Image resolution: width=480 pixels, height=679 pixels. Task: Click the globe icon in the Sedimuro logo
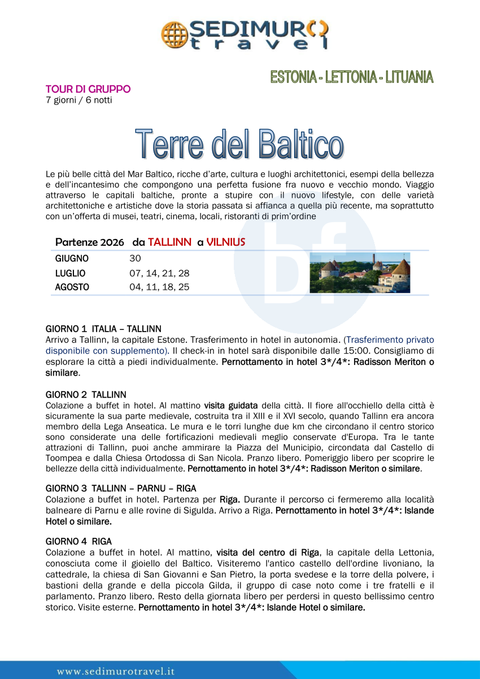point(175,34)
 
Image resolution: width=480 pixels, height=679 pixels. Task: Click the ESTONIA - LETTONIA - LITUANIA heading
point(351,77)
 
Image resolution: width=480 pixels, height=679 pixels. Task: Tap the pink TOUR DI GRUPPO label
point(88,89)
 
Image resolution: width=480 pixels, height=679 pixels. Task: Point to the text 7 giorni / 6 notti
point(78,100)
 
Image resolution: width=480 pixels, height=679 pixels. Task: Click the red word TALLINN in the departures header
point(169,242)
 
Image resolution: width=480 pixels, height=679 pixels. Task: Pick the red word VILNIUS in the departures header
point(226,242)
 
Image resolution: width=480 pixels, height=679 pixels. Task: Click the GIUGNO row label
point(72,259)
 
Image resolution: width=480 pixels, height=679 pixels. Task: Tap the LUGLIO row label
point(70,273)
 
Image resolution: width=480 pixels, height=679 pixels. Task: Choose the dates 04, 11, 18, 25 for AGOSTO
point(159,287)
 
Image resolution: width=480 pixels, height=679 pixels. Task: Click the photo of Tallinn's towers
point(360,273)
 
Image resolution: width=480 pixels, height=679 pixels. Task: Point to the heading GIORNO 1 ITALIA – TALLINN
point(103,328)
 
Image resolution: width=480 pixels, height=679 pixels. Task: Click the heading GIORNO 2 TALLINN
point(86,394)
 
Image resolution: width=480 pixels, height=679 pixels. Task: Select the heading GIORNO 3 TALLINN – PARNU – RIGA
point(121,488)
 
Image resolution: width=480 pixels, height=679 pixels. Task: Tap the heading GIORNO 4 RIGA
point(78,541)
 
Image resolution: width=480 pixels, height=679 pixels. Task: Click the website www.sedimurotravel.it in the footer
point(116,672)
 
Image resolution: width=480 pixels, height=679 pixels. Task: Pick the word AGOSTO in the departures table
point(72,287)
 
